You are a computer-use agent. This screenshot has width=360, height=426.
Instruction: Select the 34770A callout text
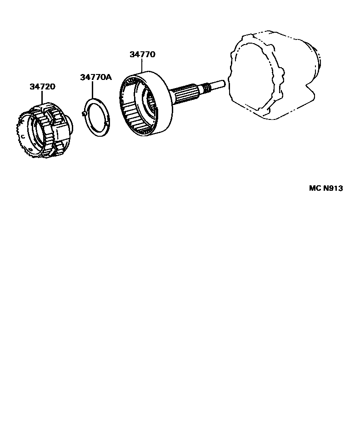tap(95, 77)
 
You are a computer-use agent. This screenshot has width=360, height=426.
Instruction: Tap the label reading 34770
tap(142, 54)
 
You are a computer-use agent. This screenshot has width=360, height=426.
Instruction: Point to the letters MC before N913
tap(315, 188)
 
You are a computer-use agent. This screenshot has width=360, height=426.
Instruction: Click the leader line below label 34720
tap(43, 97)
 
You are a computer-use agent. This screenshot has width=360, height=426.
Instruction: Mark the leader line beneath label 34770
tap(142, 66)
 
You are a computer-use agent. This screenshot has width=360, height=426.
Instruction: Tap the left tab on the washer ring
tap(84, 114)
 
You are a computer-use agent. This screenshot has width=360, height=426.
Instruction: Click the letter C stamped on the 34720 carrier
tap(22, 136)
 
